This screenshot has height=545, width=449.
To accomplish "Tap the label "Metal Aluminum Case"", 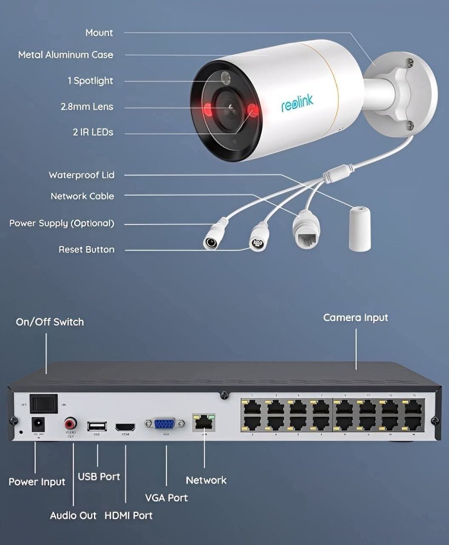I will click(66, 55).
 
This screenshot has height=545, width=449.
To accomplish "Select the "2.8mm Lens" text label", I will click(87, 107).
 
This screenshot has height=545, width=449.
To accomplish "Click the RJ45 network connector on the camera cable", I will click(306, 230).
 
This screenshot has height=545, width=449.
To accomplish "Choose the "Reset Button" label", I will click(87, 250).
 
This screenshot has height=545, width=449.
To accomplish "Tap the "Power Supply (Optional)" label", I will click(62, 223).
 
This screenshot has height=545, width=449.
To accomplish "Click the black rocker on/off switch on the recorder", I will click(44, 403).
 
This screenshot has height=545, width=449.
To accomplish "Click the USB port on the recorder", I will click(97, 426).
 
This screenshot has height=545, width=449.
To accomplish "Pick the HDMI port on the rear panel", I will click(126, 427).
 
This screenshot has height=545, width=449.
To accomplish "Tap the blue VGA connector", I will click(165, 424).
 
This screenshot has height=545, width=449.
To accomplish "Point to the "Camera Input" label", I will click(356, 318).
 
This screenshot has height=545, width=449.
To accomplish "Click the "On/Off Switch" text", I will click(50, 322).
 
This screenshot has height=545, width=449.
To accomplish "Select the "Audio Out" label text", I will click(73, 515).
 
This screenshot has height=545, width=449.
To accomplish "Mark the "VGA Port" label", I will click(166, 498).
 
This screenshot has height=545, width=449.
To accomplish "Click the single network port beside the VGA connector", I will click(204, 423).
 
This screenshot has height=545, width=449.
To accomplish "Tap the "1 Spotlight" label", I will click(90, 81).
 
